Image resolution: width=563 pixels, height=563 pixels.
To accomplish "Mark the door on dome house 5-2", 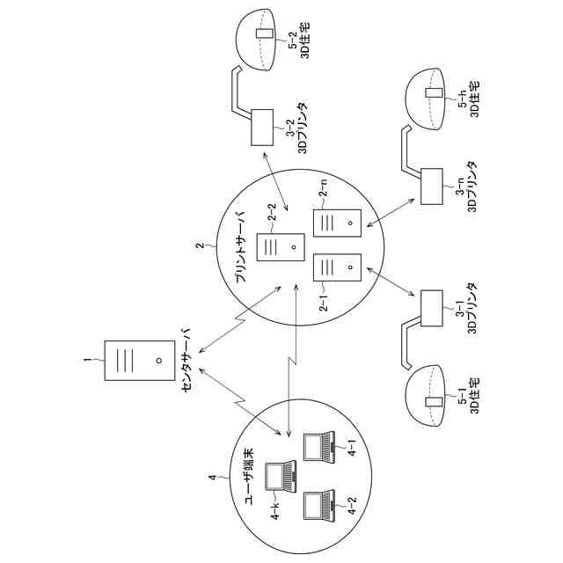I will click(260, 35).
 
